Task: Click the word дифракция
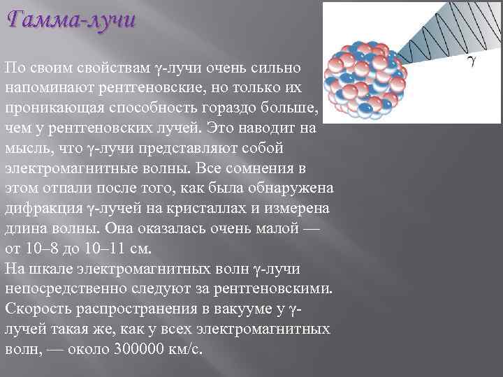[43, 209]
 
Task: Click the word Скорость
[34, 309]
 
